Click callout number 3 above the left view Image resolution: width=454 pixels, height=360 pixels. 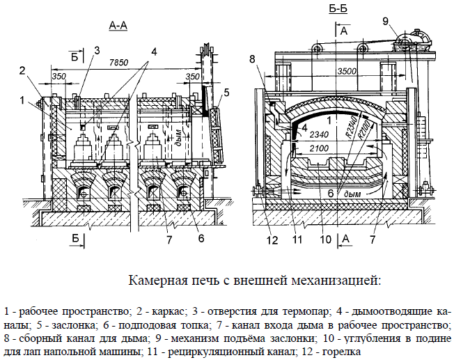(x=97, y=50)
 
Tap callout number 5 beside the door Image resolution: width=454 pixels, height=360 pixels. (x=227, y=92)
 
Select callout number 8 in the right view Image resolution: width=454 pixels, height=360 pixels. (x=252, y=58)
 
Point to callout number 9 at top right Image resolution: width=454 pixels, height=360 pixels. (x=386, y=21)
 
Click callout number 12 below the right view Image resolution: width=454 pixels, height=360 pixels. (x=272, y=241)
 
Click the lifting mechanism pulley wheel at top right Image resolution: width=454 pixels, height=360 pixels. (x=402, y=44)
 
